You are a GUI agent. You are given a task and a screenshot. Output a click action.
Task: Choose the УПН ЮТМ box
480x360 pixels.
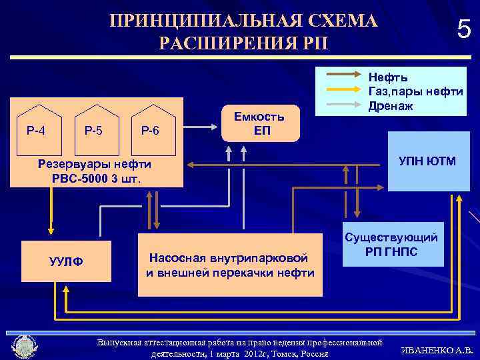coord(427,161)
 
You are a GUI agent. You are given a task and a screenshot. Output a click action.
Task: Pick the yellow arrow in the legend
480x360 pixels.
coord(343,90)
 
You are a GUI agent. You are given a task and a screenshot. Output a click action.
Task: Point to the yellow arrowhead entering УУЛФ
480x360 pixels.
coord(50,231)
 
